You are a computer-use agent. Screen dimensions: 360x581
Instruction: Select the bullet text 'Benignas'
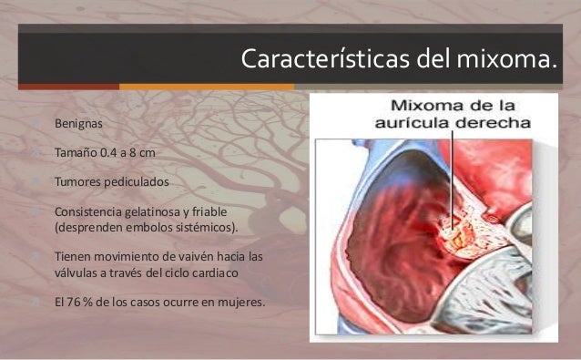[79, 121]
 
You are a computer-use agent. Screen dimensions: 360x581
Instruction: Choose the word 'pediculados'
[137, 182]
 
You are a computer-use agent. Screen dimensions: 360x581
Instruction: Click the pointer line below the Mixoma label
[451, 169]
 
